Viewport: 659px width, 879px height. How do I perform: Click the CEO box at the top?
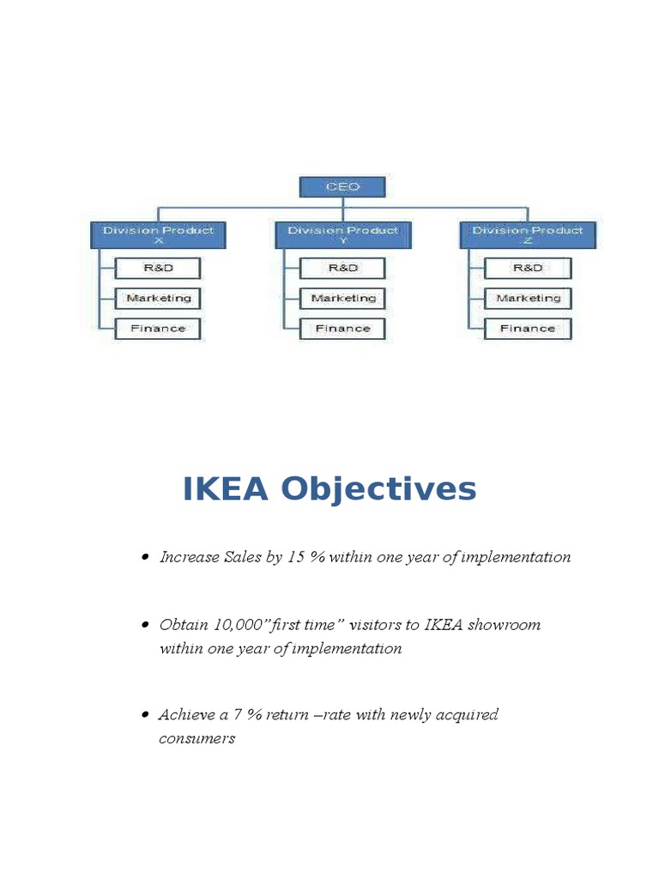tap(342, 187)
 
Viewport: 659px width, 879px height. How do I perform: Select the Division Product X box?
tap(158, 235)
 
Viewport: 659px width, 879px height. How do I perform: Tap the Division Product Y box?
tap(342, 235)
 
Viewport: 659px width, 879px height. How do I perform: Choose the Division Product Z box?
tap(527, 235)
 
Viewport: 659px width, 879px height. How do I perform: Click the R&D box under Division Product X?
tap(158, 268)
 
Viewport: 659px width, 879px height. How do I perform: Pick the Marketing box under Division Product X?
tap(158, 298)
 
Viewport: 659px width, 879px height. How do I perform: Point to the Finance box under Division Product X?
tap(158, 328)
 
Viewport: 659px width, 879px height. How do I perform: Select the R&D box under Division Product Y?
tap(342, 268)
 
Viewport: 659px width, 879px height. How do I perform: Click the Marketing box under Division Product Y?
tap(342, 298)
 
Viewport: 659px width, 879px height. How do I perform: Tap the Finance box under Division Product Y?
tap(342, 328)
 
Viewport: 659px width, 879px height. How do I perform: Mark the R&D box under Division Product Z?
tap(527, 268)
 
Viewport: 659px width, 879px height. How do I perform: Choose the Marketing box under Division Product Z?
tap(527, 298)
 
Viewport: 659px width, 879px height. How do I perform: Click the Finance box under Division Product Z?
tap(527, 328)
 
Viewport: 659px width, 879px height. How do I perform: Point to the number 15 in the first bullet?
tap(295, 557)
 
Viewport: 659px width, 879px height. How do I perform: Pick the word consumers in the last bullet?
tap(196, 738)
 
